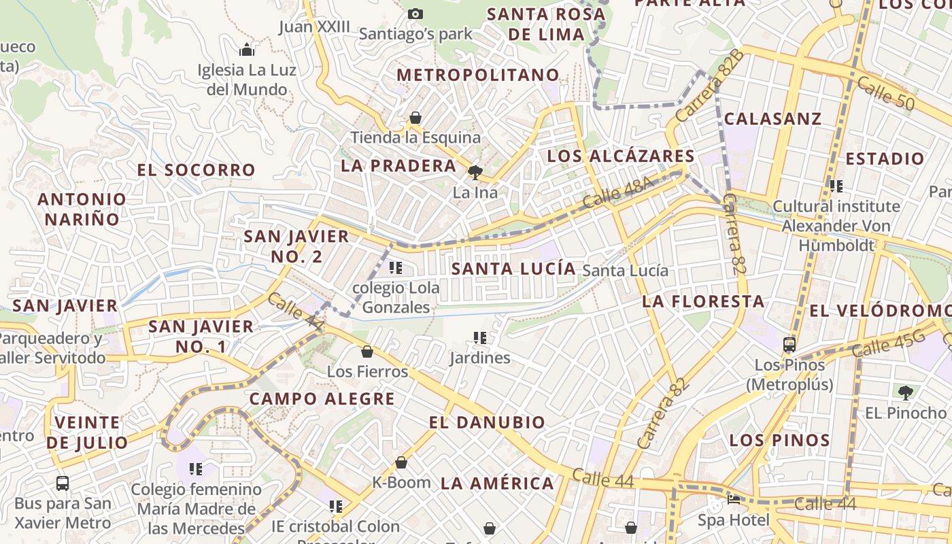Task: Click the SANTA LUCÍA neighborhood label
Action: pyautogui.click(x=513, y=269)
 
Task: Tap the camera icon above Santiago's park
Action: pyautogui.click(x=415, y=14)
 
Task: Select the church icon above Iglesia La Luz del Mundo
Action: pyautogui.click(x=247, y=50)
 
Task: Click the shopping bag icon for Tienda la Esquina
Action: pyautogui.click(x=415, y=118)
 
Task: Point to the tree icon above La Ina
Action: pyautogui.click(x=475, y=172)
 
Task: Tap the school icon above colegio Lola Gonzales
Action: pyautogui.click(x=396, y=268)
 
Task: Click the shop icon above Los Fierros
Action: pyautogui.click(x=367, y=352)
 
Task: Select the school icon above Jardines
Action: pyautogui.click(x=480, y=337)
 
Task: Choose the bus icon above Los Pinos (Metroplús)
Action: pyautogui.click(x=789, y=345)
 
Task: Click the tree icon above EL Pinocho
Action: pyautogui.click(x=905, y=392)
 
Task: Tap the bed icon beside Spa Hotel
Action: pyautogui.click(x=734, y=500)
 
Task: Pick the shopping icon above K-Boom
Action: pyautogui.click(x=401, y=463)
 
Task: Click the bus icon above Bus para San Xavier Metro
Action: pyautogui.click(x=63, y=483)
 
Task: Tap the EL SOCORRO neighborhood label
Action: pyautogui.click(x=197, y=170)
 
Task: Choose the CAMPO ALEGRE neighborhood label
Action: pyautogui.click(x=322, y=398)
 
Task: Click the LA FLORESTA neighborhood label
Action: pyautogui.click(x=703, y=301)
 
